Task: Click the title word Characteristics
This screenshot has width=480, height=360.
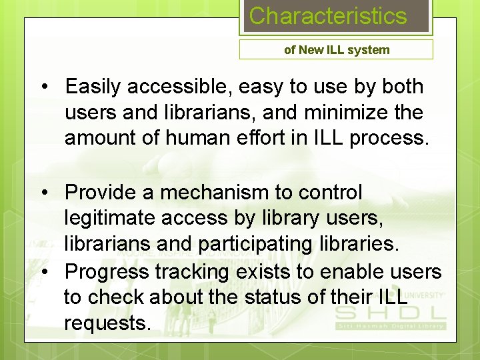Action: (327, 16)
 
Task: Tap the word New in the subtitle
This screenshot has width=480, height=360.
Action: (311, 49)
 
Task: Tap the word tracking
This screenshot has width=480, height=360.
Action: (189, 272)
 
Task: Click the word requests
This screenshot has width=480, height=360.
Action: (107, 323)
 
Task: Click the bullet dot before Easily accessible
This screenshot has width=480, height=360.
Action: (45, 87)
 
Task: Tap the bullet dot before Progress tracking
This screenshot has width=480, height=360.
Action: (45, 273)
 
